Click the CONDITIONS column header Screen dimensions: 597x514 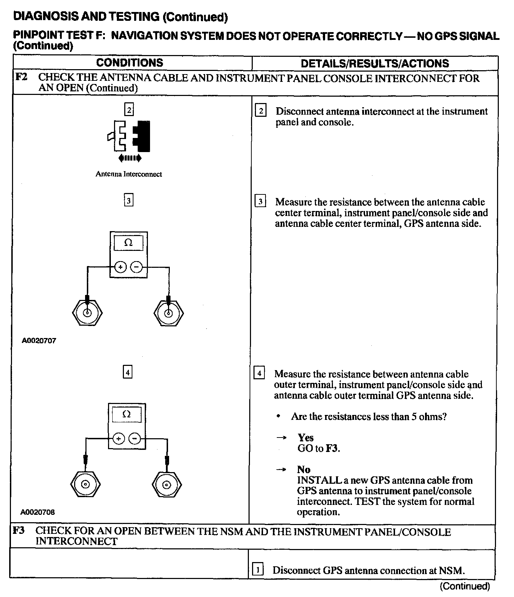click(130, 63)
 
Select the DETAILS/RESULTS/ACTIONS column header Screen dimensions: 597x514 click(375, 64)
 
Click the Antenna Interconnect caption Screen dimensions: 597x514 click(128, 174)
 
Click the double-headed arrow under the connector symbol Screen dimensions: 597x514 click(130, 158)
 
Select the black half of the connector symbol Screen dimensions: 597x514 click(142, 137)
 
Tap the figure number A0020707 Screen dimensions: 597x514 click(39, 340)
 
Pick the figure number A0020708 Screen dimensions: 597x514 click(38, 512)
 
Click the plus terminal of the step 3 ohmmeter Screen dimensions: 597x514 click(120, 267)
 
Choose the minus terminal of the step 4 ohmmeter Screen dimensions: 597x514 click(134, 439)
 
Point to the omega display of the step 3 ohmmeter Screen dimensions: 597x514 click(128, 243)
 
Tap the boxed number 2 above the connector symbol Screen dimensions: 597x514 click(129, 110)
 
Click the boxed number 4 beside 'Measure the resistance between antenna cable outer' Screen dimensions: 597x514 click(259, 373)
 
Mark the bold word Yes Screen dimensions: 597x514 click(305, 438)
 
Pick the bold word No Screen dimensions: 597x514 click(304, 469)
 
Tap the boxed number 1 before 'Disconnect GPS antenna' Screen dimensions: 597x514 click(258, 570)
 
